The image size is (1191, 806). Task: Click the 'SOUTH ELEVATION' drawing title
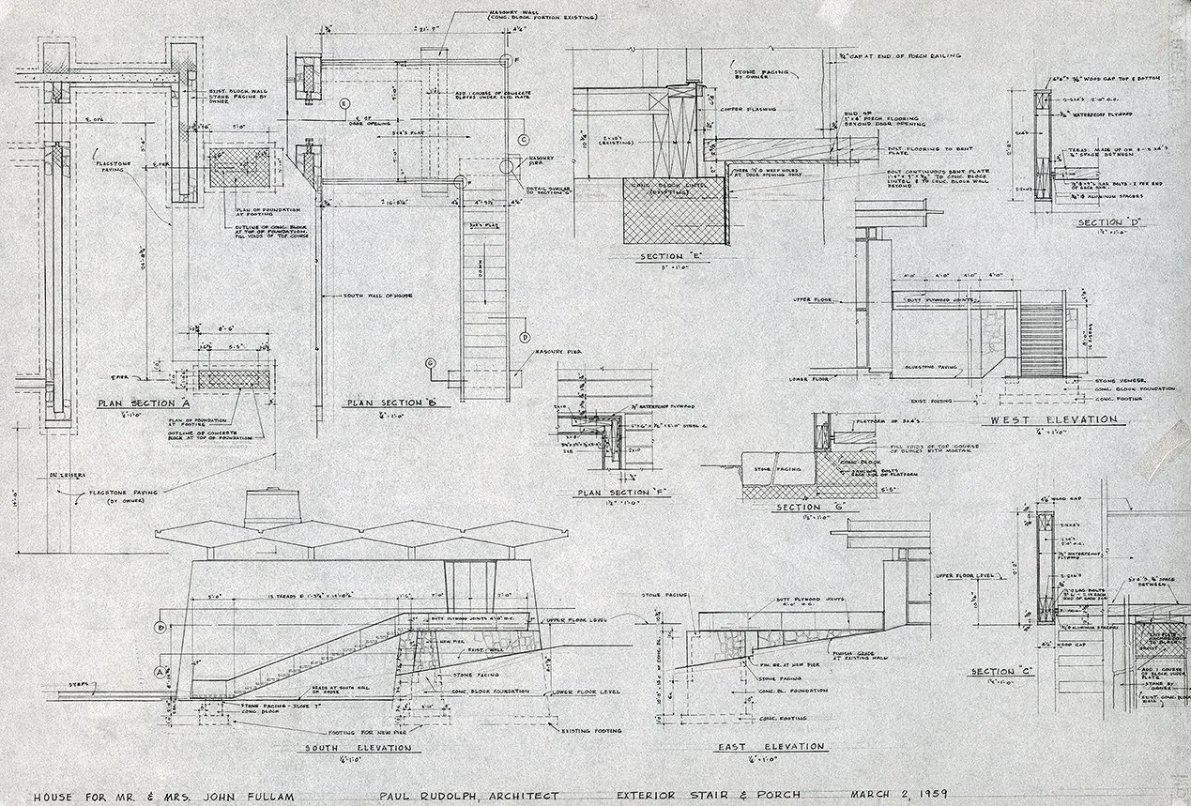coord(357,748)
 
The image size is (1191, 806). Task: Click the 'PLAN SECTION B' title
coord(386,403)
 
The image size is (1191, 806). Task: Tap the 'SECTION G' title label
coord(813,508)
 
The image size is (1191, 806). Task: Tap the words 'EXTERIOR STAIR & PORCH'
coord(721,795)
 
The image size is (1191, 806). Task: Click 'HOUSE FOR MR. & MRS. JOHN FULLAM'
coord(165,795)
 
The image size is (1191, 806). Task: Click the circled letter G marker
coord(431,362)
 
